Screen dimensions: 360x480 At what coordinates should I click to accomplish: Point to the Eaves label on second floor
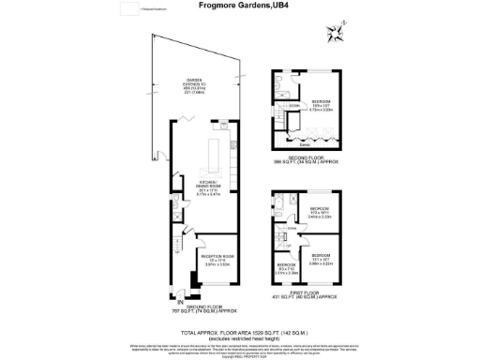305,145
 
